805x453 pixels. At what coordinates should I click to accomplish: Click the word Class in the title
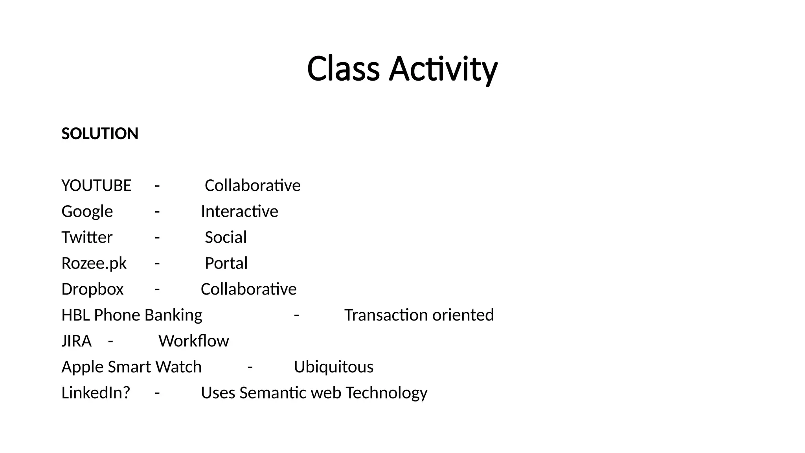[x=343, y=69]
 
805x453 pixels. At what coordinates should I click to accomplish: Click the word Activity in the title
[x=443, y=69]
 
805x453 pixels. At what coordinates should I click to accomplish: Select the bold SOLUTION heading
[x=100, y=134]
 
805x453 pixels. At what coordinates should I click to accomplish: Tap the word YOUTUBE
[x=96, y=186]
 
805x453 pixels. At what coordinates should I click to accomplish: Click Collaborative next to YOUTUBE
[x=252, y=186]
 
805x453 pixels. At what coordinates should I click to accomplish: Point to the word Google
[x=87, y=212]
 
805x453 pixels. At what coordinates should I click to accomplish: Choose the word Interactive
[x=239, y=212]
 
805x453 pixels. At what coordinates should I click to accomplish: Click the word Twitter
[x=87, y=238]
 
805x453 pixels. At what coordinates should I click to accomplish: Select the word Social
[x=226, y=238]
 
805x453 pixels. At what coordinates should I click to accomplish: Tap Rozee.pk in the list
[x=94, y=263]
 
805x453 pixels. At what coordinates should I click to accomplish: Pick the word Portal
[x=226, y=263]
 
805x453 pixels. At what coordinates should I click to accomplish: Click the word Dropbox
[x=92, y=289]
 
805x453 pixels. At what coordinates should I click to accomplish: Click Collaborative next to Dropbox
[x=248, y=289]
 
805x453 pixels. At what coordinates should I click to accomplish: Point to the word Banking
[x=173, y=315]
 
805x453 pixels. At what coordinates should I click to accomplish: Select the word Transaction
[x=385, y=315]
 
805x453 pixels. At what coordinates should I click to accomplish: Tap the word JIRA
[x=76, y=341]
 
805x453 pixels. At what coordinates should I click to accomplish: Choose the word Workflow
[x=193, y=341]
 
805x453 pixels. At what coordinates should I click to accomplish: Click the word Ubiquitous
[x=333, y=367]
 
